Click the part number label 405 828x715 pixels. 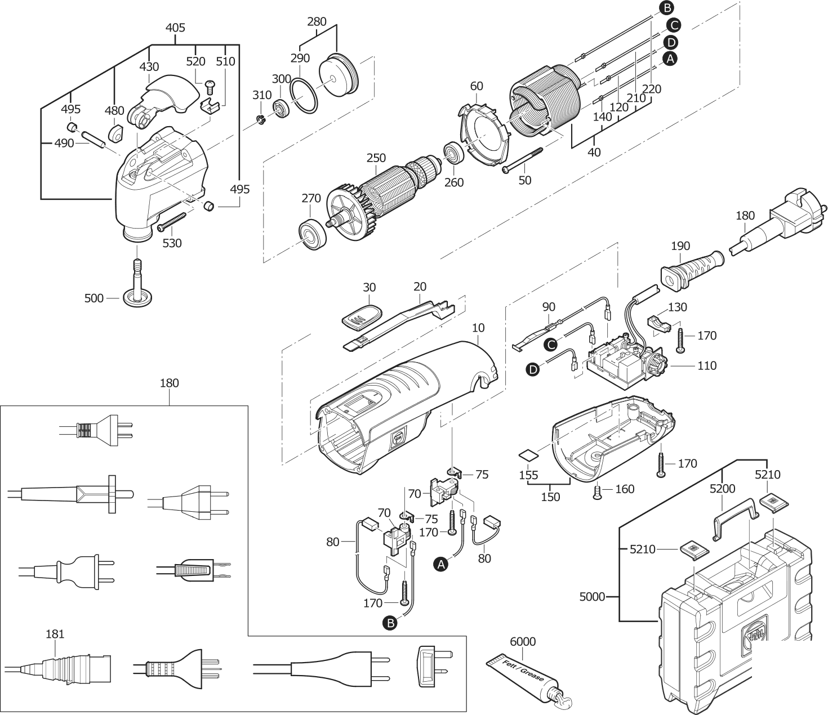175,28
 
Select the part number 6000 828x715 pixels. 522,642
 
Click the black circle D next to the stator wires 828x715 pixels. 670,42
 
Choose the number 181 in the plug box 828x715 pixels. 55,634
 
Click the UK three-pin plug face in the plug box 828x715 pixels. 433,664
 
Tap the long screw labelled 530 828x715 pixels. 175,221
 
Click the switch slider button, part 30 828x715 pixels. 361,317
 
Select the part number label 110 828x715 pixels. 706,366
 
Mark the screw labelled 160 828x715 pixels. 598,494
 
